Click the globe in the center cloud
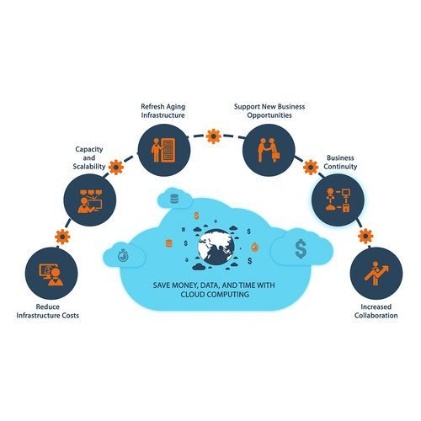click(216, 247)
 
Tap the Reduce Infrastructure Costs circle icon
click(51, 273)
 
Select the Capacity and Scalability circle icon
click(90, 200)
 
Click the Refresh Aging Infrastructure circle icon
click(164, 150)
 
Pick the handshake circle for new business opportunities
click(269, 150)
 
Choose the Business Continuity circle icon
click(338, 200)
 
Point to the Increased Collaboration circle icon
click(376, 273)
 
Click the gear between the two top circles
click(214, 136)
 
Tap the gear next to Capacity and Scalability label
click(116, 168)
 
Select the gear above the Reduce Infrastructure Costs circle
click(62, 237)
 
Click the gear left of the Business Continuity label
click(311, 168)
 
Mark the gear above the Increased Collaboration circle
click(365, 236)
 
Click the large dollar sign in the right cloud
click(301, 248)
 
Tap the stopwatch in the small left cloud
click(123, 255)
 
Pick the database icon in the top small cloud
click(174, 199)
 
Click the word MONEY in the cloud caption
click(184, 285)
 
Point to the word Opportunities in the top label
click(269, 115)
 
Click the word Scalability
click(89, 167)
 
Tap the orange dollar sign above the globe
click(196, 216)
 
